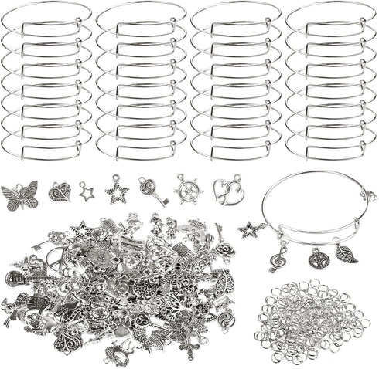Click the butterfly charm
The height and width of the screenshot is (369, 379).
pyautogui.click(x=20, y=195)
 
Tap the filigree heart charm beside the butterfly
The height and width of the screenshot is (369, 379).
pyautogui.click(x=59, y=191)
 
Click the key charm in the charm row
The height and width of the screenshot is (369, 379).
pyautogui.click(x=152, y=191)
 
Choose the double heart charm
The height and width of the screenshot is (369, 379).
pyautogui.click(x=227, y=190)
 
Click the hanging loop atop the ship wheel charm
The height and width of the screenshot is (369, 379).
pyautogui.click(x=189, y=177)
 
